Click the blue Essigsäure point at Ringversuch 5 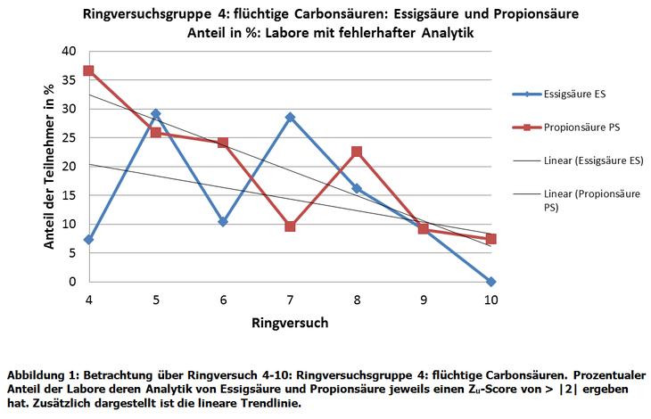pyautogui.click(x=156, y=114)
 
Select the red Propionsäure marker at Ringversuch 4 pyautogui.click(x=88, y=70)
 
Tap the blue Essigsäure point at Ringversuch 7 pyautogui.click(x=290, y=117)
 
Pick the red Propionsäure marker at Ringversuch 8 pyautogui.click(x=357, y=152)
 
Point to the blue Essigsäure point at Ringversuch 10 pyautogui.click(x=490, y=282)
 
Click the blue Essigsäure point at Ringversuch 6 pyautogui.click(x=223, y=221)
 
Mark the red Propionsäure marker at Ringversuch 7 pyautogui.click(x=290, y=226)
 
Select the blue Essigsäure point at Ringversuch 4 pyautogui.click(x=88, y=240)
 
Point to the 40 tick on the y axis pyautogui.click(x=70, y=52)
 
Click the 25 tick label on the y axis pyautogui.click(x=70, y=138)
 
